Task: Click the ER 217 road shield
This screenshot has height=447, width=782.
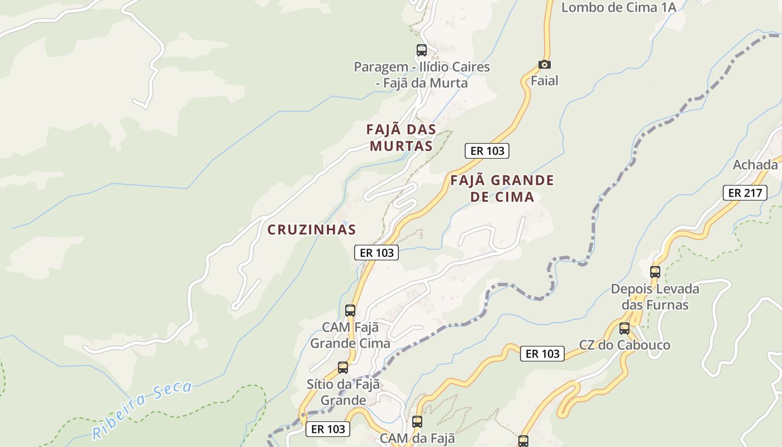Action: tap(745, 193)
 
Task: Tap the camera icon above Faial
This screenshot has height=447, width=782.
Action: tap(544, 64)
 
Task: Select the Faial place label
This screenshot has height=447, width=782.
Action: tap(544, 81)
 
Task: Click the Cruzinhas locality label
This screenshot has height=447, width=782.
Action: tap(312, 230)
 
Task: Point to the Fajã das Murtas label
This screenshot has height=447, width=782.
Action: tap(401, 137)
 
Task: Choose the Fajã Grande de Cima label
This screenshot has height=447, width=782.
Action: tap(502, 188)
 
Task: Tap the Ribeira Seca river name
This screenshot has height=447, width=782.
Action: tap(142, 410)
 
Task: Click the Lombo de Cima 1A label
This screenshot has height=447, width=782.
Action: tap(618, 7)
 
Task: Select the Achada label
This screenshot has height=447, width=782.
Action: tap(755, 165)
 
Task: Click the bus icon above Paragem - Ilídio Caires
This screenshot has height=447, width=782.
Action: tap(422, 50)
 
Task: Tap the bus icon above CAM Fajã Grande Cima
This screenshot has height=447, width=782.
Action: tap(350, 311)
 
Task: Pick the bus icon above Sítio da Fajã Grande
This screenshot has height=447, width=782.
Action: tap(343, 368)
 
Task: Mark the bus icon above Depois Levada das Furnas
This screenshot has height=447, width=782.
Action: tap(655, 272)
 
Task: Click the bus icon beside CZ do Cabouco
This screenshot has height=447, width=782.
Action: tap(624, 329)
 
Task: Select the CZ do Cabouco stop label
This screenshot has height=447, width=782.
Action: tap(624, 345)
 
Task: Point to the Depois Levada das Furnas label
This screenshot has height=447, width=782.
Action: tap(655, 297)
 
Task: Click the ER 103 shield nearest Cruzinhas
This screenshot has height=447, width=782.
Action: tap(376, 253)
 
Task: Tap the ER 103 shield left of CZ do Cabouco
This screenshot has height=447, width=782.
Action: tap(542, 354)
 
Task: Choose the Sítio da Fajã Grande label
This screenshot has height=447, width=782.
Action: tap(343, 392)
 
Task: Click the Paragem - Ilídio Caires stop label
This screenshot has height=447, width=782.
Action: tap(422, 75)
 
